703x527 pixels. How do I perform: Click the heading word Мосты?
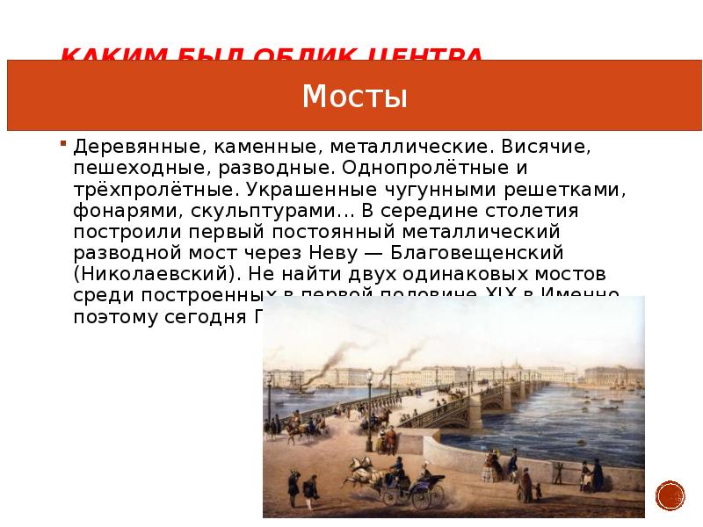click(354, 97)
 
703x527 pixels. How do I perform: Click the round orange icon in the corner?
click(670, 496)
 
